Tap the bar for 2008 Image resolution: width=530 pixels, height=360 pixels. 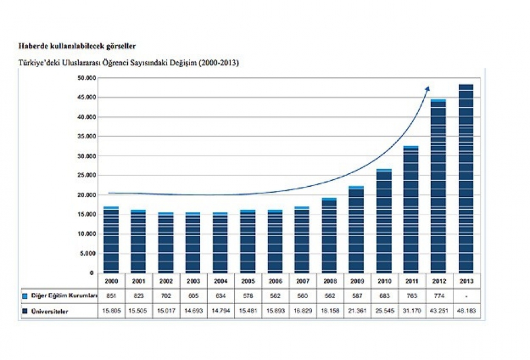(329, 236)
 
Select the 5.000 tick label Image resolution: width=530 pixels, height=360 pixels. (87, 254)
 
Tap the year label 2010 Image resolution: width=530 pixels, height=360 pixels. (384, 282)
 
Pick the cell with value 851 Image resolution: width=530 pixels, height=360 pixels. (111, 295)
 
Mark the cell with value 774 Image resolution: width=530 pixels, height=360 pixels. (439, 295)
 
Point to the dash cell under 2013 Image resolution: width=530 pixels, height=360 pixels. (466, 295)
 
